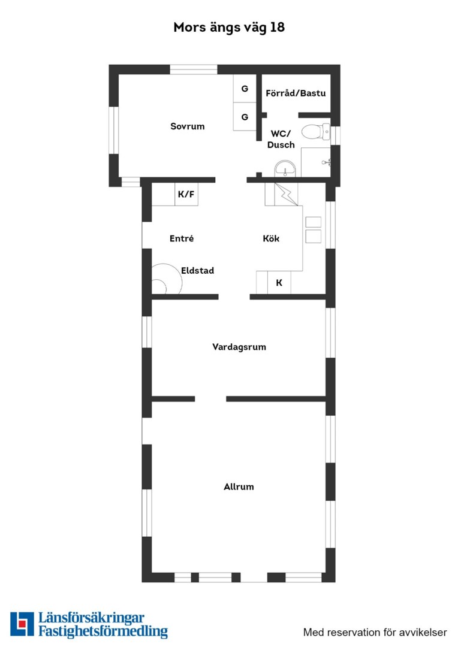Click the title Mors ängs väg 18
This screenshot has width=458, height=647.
pyautogui.click(x=229, y=28)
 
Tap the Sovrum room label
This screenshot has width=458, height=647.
pyautogui.click(x=188, y=126)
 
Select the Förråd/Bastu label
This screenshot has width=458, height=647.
pyautogui.click(x=296, y=93)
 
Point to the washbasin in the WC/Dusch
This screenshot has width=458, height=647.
pyautogui.click(x=285, y=169)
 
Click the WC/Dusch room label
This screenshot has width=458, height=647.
pyautogui.click(x=281, y=139)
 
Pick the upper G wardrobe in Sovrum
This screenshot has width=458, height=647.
pyautogui.click(x=245, y=89)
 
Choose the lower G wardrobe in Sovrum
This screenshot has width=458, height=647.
pyautogui.click(x=245, y=117)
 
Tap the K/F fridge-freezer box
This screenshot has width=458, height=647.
pyautogui.click(x=186, y=194)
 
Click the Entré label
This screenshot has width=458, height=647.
pyautogui.click(x=182, y=238)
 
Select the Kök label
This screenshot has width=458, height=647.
pyautogui.click(x=271, y=238)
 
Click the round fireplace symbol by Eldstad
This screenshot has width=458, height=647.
pyautogui.click(x=167, y=279)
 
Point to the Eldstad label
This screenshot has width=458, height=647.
pyautogui.click(x=197, y=271)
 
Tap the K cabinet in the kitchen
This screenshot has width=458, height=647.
pyautogui.click(x=279, y=283)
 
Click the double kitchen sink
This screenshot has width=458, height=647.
pyautogui.click(x=313, y=229)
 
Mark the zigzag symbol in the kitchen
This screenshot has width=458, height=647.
pyautogui.click(x=286, y=194)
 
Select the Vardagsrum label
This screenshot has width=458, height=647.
pyautogui.click(x=239, y=347)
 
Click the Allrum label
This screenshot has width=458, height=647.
pyautogui.click(x=239, y=487)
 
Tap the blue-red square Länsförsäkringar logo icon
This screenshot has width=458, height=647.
pyautogui.click(x=22, y=624)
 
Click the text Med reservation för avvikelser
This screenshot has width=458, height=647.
pyautogui.click(x=375, y=632)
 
